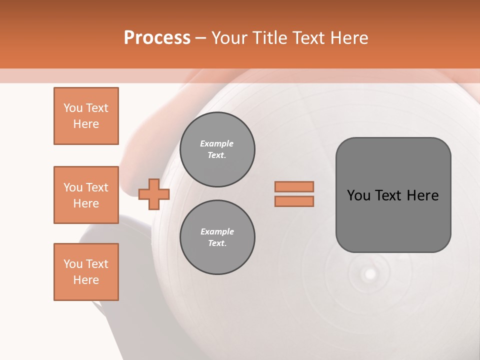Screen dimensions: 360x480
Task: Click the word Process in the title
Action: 157,37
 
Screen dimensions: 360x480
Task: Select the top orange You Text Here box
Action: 86,116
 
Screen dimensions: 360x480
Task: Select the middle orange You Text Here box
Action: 86,195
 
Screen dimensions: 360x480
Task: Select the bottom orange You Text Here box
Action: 86,272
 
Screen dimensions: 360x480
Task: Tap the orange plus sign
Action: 154,194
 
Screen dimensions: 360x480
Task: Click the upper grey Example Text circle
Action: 217,149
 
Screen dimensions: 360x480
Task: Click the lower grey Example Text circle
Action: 217,237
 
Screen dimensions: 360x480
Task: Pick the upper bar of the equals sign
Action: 294,186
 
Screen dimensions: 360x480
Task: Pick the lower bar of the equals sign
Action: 294,201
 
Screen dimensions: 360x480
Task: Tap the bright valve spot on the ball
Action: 370,273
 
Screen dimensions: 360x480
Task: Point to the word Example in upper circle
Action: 216,143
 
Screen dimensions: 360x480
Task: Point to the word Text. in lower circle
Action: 217,243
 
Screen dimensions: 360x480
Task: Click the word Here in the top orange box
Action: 86,124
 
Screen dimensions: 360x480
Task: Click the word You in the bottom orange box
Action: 72,264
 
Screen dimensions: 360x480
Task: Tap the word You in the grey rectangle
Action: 358,195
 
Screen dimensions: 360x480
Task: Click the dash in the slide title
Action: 201,38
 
